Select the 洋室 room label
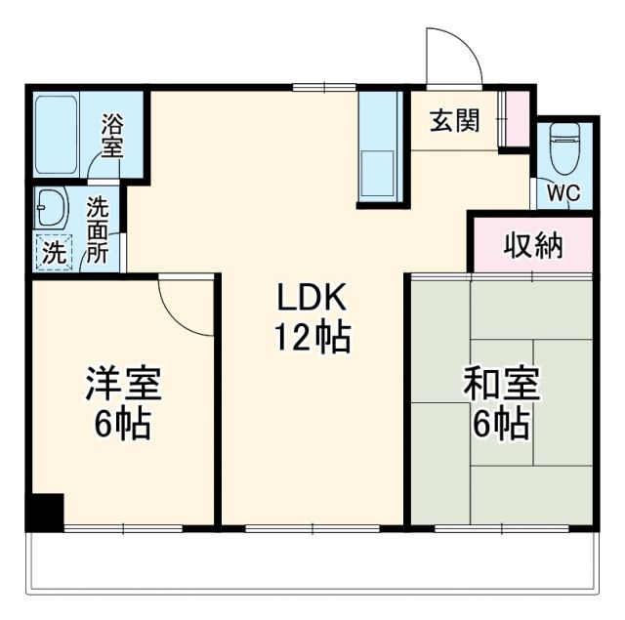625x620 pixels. click(123, 384)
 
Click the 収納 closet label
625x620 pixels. click(533, 246)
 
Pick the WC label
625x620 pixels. click(562, 192)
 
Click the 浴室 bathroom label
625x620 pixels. click(114, 136)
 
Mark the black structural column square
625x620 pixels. click(45, 512)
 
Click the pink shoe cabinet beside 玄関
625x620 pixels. click(516, 118)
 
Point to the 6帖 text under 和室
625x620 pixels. click(500, 425)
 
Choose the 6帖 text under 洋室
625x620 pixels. click(123, 424)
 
